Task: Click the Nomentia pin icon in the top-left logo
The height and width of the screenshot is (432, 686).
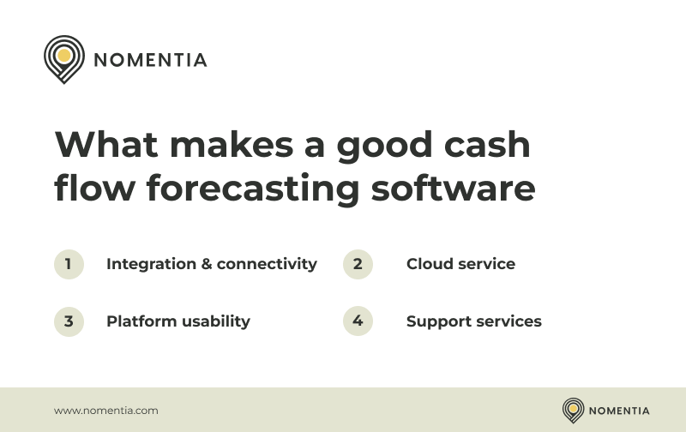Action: coord(63,57)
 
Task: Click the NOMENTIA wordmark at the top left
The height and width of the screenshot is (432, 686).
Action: coord(150,60)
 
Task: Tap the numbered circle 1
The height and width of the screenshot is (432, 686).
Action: coord(69,264)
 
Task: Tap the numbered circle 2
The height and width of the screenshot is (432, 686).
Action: coord(358,264)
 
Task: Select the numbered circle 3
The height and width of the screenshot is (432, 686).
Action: coord(69,321)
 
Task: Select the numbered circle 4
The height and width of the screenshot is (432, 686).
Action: coord(358,321)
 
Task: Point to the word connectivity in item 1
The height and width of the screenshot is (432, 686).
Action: coord(267,264)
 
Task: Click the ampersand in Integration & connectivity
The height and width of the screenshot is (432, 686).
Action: coord(206,264)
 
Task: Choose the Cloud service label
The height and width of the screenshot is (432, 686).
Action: coord(460,264)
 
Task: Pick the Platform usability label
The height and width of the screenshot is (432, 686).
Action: coord(178,321)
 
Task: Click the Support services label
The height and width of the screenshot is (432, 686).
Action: coord(473,321)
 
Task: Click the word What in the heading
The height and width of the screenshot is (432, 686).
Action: coord(104,144)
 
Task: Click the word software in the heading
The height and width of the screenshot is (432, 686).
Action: coord(453,189)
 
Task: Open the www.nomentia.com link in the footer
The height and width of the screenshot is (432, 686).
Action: coord(106,411)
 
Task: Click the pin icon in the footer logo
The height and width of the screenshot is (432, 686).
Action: coord(573,410)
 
